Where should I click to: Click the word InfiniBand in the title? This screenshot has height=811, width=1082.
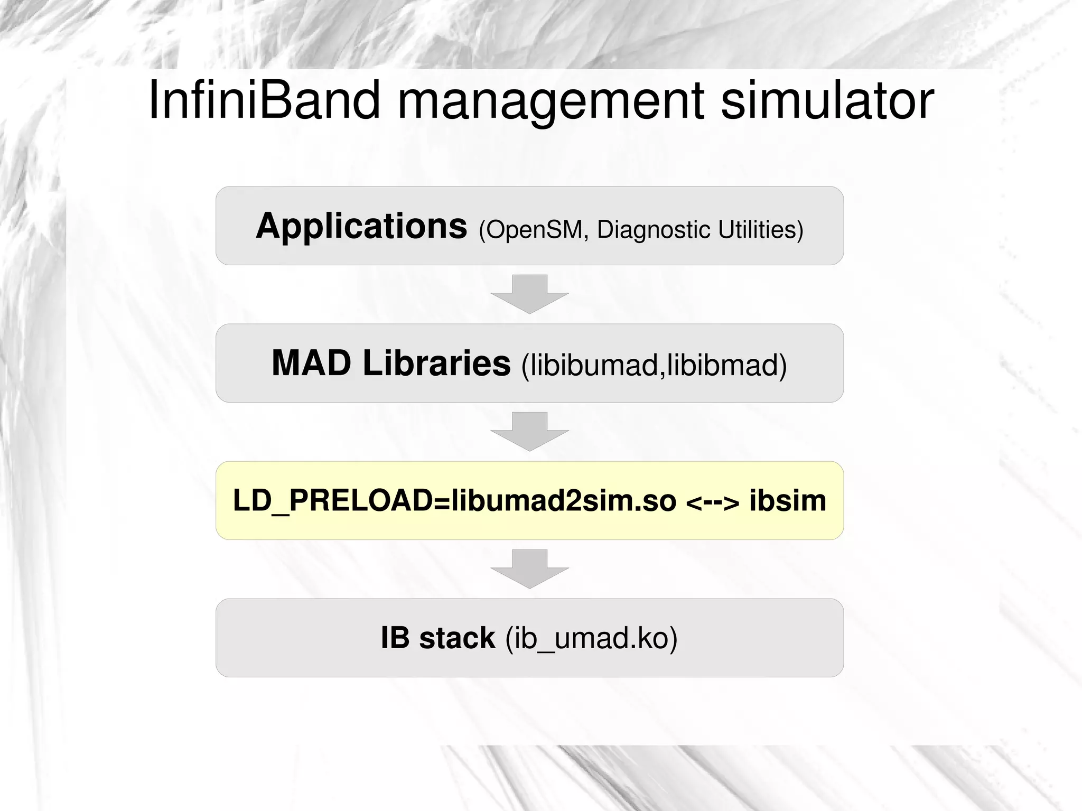tap(264, 100)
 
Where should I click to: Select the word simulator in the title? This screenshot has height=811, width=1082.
tap(827, 100)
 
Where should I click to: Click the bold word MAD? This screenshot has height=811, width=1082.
tap(311, 363)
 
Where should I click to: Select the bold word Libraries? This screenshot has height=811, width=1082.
tap(436, 363)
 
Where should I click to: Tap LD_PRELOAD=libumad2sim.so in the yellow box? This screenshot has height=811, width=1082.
tap(454, 501)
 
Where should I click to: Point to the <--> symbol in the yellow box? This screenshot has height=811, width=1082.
tap(713, 502)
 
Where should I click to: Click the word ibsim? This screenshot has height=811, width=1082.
tap(788, 501)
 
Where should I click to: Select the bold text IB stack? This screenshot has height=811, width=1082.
tap(437, 638)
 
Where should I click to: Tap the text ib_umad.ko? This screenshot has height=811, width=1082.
tap(591, 639)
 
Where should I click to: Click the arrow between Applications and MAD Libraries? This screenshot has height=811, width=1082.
tap(529, 294)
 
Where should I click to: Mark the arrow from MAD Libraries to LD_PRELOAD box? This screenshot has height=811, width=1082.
tap(529, 431)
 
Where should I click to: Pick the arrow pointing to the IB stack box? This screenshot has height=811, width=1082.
tap(529, 568)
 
